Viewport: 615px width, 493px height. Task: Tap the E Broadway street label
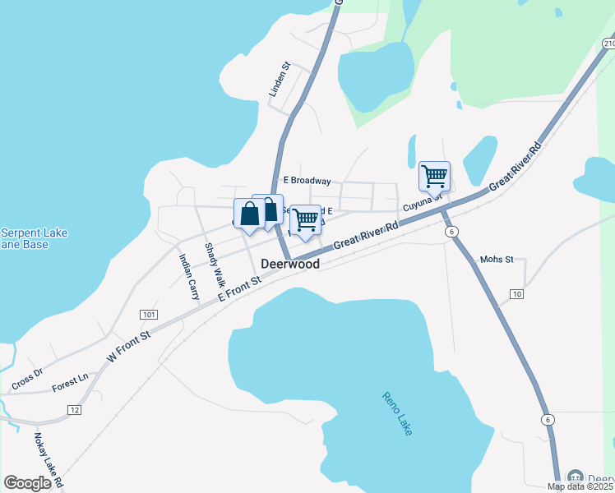click(307, 181)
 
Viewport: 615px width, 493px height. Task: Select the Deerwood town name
click(289, 265)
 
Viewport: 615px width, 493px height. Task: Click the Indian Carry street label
click(189, 275)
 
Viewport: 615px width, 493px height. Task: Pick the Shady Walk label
click(214, 262)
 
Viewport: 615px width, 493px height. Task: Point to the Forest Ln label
click(70, 381)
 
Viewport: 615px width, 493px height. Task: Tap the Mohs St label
click(497, 260)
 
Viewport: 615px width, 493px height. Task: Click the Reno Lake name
click(397, 413)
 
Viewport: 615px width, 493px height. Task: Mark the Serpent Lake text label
click(33, 233)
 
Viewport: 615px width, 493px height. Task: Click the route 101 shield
click(149, 315)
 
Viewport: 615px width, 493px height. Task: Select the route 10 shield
click(516, 293)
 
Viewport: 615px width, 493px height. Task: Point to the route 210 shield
click(608, 43)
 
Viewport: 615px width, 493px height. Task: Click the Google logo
click(28, 483)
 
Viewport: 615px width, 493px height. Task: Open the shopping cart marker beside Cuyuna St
click(434, 175)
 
